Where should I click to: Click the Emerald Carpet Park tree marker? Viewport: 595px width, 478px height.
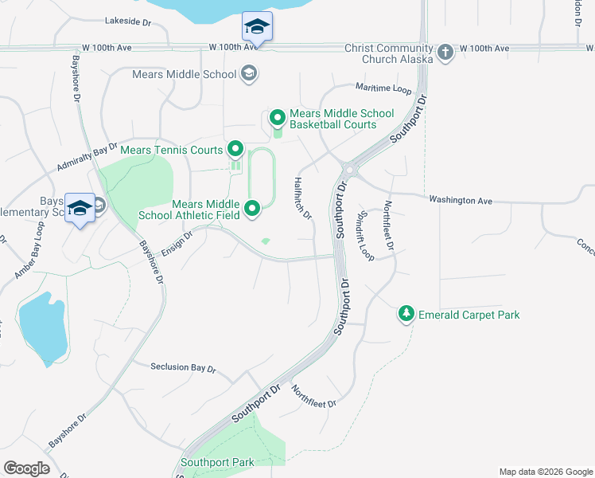[406, 315]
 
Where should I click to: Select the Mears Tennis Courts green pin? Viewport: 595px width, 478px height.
[235, 149]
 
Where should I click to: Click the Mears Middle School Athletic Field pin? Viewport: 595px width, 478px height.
[252, 210]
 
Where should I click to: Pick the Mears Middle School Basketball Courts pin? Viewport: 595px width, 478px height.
[278, 119]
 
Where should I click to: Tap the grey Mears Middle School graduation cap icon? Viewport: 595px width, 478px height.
[249, 74]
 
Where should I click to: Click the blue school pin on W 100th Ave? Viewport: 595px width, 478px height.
[256, 28]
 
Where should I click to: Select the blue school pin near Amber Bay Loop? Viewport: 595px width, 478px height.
[80, 209]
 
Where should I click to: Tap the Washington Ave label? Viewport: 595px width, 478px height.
[461, 201]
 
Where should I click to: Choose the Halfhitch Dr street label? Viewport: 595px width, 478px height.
[303, 198]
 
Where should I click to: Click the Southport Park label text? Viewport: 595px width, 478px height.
[217, 462]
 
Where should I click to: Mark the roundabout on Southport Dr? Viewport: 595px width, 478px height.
[348, 169]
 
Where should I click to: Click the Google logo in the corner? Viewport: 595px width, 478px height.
[26, 468]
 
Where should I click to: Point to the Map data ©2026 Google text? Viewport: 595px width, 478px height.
[545, 472]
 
